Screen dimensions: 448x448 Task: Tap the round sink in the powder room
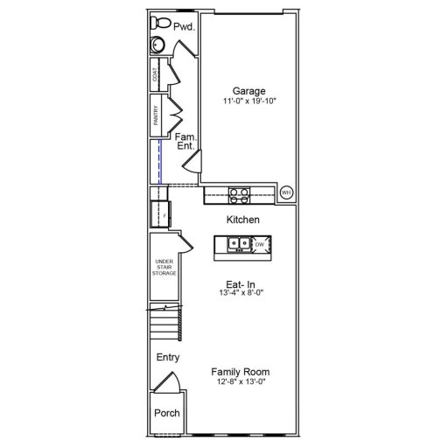tap(158, 46)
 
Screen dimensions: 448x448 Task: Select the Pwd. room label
tap(183, 27)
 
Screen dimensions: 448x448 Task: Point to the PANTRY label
tap(157, 117)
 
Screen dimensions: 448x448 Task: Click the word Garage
tap(248, 90)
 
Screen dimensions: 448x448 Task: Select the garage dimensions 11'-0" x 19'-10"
tap(249, 101)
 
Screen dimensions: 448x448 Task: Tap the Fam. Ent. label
tap(185, 142)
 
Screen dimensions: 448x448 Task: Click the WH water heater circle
tap(286, 192)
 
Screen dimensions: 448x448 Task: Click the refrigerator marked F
tap(161, 213)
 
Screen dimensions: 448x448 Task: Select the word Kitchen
tap(244, 219)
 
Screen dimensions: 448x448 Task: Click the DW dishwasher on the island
tap(259, 244)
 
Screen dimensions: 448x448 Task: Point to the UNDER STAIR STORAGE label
tap(165, 268)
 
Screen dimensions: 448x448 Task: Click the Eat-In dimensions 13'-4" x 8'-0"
tap(241, 293)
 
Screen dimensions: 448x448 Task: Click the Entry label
tap(167, 357)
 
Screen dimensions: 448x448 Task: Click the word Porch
tap(166, 413)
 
